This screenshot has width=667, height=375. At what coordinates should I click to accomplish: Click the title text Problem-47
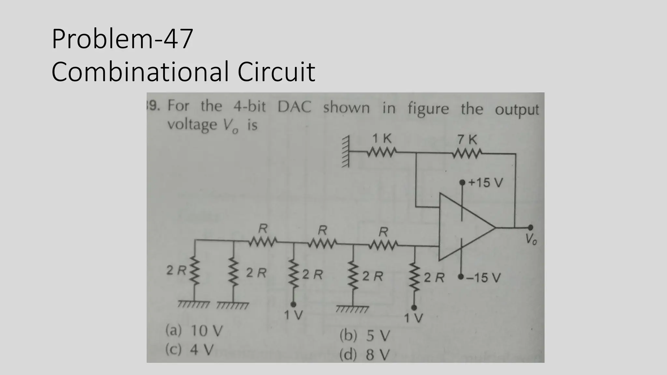(x=122, y=39)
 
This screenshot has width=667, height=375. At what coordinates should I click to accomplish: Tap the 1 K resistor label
(x=382, y=139)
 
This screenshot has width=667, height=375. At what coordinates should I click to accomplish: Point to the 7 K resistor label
(x=467, y=140)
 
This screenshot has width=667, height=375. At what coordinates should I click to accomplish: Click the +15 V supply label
(x=486, y=183)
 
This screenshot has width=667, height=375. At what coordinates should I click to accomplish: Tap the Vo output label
(x=531, y=240)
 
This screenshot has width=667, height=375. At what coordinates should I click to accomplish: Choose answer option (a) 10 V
(x=194, y=331)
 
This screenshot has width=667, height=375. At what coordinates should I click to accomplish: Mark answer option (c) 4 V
(x=190, y=350)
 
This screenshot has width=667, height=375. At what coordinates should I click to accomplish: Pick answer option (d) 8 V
(x=364, y=355)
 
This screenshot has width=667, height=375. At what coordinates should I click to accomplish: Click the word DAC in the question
(x=294, y=107)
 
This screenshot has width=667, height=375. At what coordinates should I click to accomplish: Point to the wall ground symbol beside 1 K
(x=346, y=152)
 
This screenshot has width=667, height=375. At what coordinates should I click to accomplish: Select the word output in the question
(x=517, y=110)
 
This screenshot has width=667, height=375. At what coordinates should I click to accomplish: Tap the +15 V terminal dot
(x=462, y=183)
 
